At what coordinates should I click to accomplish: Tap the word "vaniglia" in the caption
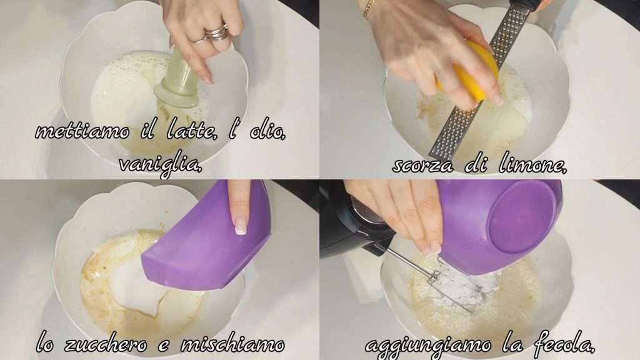coord(161,164)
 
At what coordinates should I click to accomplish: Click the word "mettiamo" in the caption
coord(82,131)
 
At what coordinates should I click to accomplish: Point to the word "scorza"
coord(423,165)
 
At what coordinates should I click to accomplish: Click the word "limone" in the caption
coord(532,164)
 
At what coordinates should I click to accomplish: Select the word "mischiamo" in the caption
coord(232,345)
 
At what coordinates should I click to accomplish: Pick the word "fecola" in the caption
coord(563,344)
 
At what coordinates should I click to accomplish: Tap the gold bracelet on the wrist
coord(370,9)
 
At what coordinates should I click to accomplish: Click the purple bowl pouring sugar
coord(207,241)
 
